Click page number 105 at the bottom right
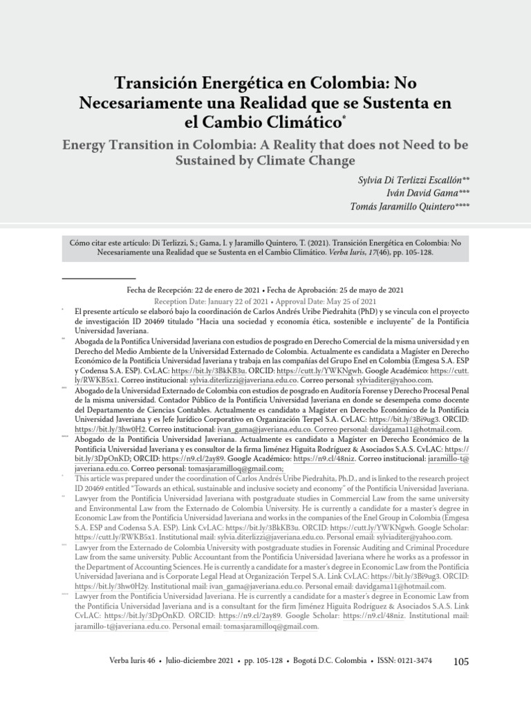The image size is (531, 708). pos(460,662)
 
